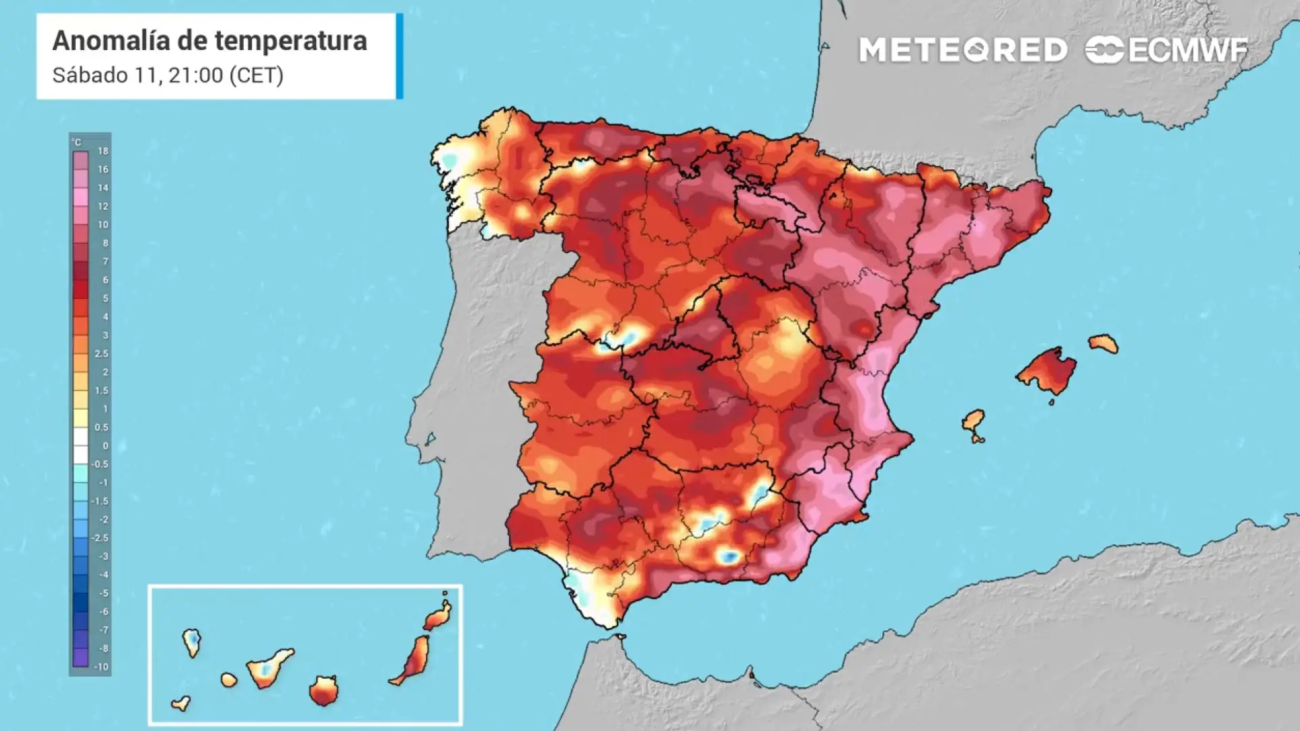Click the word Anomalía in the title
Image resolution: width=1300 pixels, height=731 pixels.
(x=111, y=41)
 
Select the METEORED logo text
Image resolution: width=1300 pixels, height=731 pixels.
(x=963, y=50)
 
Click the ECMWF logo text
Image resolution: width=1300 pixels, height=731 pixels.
(x=1188, y=50)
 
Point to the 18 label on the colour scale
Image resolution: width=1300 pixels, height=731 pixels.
(x=103, y=151)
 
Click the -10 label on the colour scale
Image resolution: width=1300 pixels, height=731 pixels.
(x=101, y=667)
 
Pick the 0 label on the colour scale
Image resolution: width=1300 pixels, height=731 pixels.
(x=105, y=446)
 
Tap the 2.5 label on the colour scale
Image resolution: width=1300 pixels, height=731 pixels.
(x=102, y=354)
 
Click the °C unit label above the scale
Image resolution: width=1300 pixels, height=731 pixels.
(x=77, y=142)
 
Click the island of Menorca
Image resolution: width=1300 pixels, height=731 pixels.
(x=1103, y=344)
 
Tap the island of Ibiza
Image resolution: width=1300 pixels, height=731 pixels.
(x=974, y=421)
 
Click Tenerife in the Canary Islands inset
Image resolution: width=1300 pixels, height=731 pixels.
(x=268, y=667)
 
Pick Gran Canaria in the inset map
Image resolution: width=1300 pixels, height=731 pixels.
(x=324, y=691)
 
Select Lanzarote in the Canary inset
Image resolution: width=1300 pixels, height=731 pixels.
(x=437, y=616)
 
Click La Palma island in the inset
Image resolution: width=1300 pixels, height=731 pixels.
(x=192, y=642)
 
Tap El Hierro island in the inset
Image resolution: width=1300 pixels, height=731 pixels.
(x=181, y=704)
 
